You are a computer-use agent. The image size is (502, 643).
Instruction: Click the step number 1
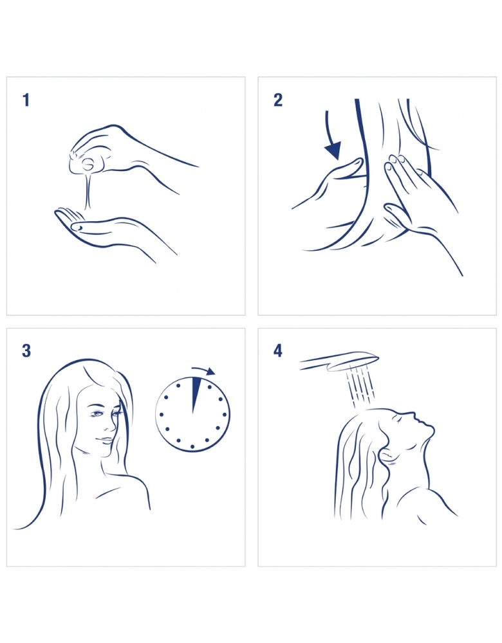(26, 100)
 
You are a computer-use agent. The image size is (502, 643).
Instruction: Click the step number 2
(278, 100)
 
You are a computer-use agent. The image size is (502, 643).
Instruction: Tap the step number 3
(26, 351)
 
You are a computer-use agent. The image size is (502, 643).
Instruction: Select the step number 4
(278, 351)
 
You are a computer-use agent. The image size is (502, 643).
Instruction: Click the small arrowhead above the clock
(210, 372)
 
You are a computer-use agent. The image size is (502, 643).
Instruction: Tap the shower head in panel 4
(339, 361)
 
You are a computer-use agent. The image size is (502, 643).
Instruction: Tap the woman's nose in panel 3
(111, 426)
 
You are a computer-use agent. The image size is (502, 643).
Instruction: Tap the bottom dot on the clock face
(192, 446)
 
